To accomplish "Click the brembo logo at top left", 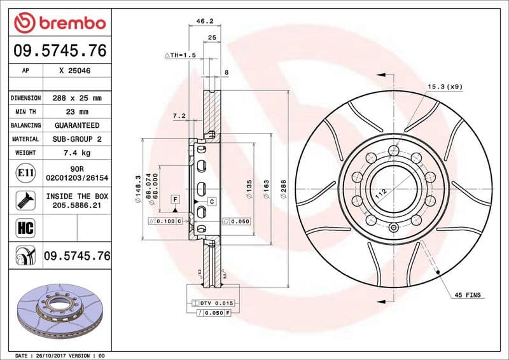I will coord(59,24).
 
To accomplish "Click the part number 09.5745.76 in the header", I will coord(59,52).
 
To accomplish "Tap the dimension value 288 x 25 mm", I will coord(78,99).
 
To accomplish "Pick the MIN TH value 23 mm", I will coord(78,112).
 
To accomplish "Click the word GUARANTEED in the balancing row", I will coord(77,125).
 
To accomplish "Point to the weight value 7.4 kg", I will coord(77,153).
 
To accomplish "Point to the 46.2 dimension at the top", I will coord(204,21).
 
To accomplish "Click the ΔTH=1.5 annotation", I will coord(181,56).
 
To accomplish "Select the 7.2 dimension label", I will coord(179,116).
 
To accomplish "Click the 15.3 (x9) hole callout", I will coord(444,86).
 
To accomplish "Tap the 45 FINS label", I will coord(468,296).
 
